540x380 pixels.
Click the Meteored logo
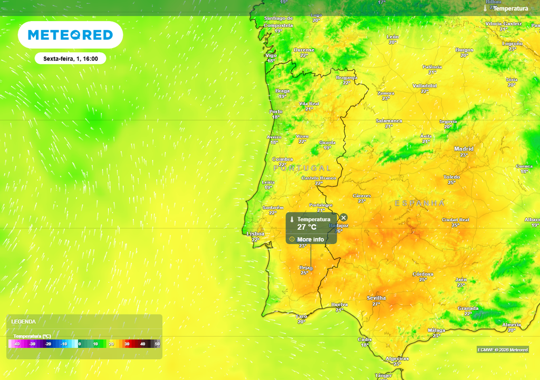70,35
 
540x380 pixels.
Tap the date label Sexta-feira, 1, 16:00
70,59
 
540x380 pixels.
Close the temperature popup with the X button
344,217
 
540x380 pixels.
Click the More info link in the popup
310,239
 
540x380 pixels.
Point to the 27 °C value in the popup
306,227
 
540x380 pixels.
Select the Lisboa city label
256,233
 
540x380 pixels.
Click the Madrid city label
464,149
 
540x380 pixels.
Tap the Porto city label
276,111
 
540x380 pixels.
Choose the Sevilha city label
376,298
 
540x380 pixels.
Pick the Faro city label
302,316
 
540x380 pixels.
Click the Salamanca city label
389,121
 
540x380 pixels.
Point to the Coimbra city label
282,159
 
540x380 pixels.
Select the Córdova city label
423,274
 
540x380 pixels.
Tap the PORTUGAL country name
302,168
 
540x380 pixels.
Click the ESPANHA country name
420,203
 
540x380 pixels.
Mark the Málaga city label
437,330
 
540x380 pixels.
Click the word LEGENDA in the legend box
24,321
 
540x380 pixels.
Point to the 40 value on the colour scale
142,344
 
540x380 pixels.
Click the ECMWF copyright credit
503,349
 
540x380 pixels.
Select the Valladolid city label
425,85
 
